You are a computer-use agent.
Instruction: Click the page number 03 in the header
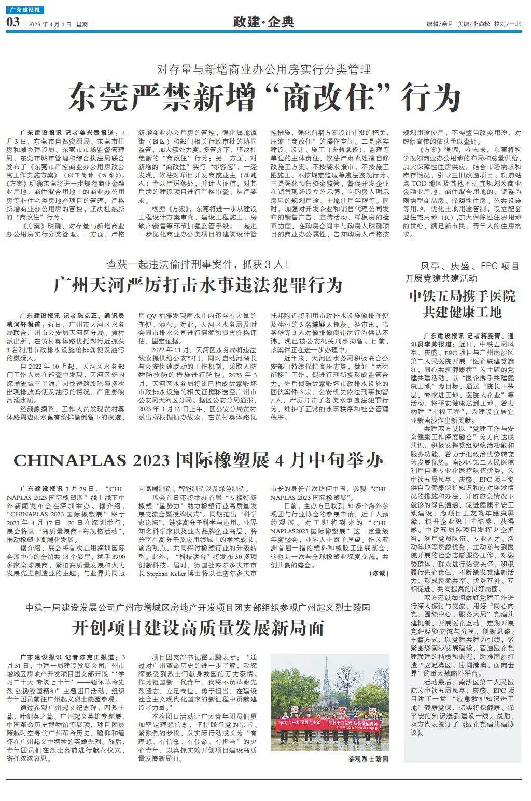point(13,22)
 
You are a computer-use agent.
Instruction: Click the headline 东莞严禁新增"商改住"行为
point(264,97)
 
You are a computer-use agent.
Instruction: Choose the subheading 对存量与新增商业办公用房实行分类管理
point(264,69)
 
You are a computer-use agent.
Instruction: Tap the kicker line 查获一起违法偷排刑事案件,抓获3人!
point(199,264)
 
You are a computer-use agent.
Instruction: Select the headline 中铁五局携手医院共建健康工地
point(463,304)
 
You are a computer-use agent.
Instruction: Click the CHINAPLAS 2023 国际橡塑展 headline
point(199,460)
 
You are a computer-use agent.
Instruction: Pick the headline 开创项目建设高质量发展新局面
point(199,628)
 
